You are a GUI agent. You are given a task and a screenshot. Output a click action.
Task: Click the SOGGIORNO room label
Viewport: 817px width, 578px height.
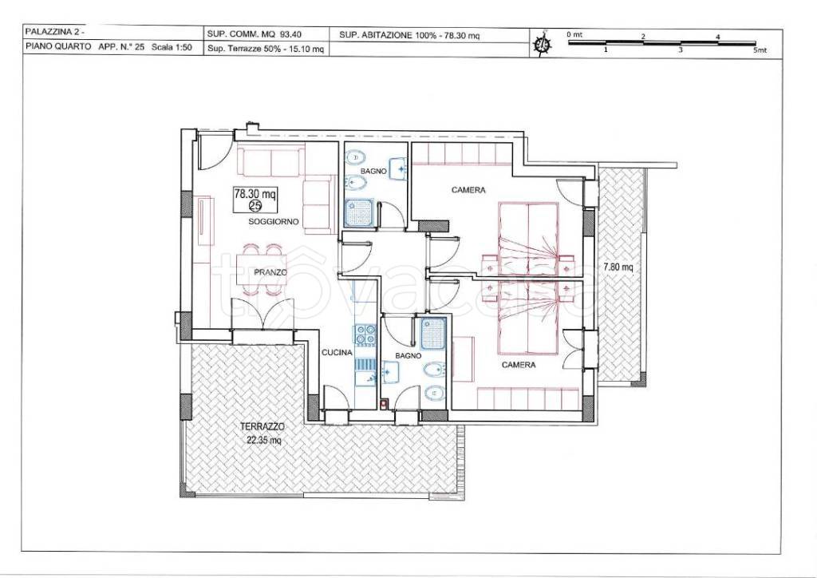pos(274,221)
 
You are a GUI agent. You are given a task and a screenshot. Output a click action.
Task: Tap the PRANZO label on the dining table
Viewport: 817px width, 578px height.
pos(270,272)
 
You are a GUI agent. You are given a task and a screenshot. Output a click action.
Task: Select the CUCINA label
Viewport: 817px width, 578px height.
pos(337,353)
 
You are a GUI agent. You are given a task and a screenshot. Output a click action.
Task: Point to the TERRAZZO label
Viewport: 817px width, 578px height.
pos(262,426)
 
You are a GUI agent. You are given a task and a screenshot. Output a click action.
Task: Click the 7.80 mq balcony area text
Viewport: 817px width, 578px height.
pos(618,267)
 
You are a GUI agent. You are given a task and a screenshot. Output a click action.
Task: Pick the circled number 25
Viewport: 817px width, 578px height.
pos(255,206)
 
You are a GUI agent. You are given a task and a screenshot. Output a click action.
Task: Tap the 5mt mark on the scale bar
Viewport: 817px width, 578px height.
pos(760,50)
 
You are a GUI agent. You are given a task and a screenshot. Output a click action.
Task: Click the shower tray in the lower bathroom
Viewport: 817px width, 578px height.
pos(433,334)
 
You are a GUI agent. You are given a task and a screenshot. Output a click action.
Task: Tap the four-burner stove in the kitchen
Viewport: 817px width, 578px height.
pos(365,335)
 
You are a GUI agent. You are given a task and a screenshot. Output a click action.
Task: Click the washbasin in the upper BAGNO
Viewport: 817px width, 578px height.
pos(398,168)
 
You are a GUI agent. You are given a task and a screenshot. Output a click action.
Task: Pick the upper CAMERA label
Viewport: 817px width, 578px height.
pos(468,190)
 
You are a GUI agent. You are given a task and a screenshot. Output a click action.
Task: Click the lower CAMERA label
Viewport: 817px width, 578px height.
pos(519,365)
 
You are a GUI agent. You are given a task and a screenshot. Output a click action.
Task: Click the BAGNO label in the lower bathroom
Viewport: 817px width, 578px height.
pos(408,356)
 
